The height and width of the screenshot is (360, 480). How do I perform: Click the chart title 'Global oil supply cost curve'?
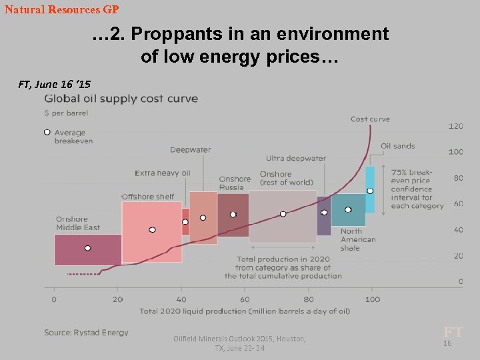click(x=121, y=99)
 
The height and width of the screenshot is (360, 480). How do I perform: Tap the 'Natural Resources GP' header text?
click(x=61, y=10)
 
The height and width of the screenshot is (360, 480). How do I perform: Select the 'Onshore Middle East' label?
click(x=77, y=223)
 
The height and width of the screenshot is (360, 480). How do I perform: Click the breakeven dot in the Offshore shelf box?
click(x=152, y=229)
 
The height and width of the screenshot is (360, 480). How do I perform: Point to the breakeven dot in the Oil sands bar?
click(x=370, y=191)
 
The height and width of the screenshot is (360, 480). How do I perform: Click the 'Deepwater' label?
click(x=190, y=149)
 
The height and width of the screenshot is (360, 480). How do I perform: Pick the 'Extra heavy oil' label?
click(x=162, y=173)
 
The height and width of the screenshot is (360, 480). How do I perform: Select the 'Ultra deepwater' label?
click(x=295, y=158)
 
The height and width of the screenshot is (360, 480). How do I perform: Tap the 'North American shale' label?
click(x=358, y=239)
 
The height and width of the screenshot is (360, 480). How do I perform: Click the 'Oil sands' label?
click(x=397, y=146)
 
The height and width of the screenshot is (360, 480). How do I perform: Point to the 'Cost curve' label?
click(x=370, y=119)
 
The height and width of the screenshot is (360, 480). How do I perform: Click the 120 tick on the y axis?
click(x=455, y=126)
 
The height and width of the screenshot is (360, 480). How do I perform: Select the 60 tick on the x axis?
click(x=245, y=299)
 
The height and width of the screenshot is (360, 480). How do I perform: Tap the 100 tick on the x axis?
click(x=372, y=299)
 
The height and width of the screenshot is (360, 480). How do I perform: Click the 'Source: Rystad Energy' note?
click(x=86, y=332)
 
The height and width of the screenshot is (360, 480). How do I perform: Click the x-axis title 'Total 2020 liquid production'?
click(x=244, y=311)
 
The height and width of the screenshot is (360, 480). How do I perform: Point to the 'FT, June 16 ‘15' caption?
click(x=55, y=84)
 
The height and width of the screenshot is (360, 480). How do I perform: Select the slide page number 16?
click(x=447, y=343)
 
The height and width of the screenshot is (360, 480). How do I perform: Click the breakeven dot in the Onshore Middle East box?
click(x=87, y=248)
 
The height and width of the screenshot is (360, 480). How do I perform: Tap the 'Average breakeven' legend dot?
click(x=47, y=133)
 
